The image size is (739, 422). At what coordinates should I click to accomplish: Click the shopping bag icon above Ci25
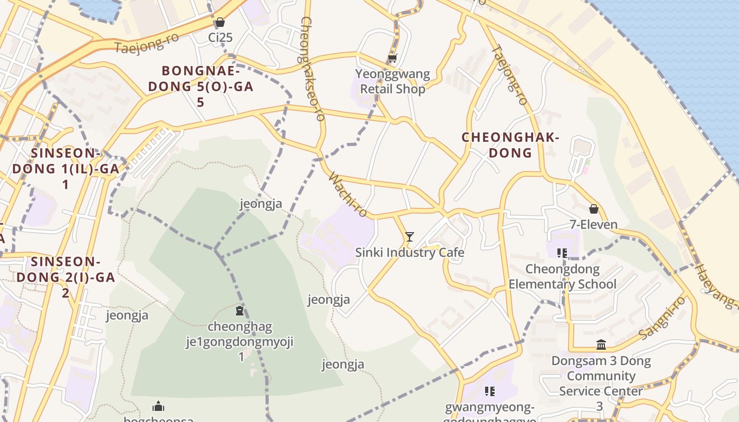[220, 23]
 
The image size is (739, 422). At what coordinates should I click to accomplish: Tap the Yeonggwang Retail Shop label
[392, 81]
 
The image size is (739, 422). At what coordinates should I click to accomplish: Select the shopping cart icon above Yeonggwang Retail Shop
[392, 59]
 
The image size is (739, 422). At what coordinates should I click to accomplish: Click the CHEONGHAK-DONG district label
[510, 145]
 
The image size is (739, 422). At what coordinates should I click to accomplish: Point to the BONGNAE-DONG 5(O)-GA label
[201, 86]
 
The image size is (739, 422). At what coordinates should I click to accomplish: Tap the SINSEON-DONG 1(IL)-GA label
[65, 169]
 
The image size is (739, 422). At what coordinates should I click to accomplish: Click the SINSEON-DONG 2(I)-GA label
[65, 277]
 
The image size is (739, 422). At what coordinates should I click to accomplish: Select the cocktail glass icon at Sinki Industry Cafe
[409, 237]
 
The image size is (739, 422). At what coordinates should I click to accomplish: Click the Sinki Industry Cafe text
[410, 253]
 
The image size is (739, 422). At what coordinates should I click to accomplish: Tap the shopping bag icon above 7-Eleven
[594, 209]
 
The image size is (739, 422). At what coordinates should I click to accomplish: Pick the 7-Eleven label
[593, 225]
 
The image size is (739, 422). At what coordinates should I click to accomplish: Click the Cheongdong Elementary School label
[562, 276]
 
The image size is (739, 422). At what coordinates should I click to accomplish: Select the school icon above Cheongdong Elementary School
[562, 253]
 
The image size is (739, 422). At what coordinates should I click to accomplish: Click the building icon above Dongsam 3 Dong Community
[601, 345]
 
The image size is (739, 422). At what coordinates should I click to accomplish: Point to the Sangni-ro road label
[662, 318]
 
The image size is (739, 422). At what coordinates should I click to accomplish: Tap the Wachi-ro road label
[347, 194]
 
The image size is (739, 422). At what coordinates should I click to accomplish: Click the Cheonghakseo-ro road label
[312, 69]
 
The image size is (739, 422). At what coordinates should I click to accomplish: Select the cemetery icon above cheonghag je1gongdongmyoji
[240, 311]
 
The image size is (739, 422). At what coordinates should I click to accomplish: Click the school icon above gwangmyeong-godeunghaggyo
[490, 391]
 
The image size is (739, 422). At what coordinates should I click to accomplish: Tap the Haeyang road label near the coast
[715, 285]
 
